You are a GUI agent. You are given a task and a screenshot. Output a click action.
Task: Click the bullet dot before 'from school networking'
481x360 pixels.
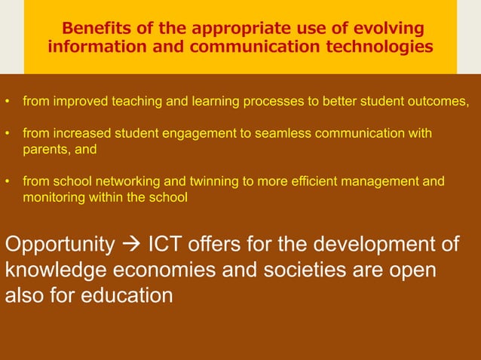point(8,182)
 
